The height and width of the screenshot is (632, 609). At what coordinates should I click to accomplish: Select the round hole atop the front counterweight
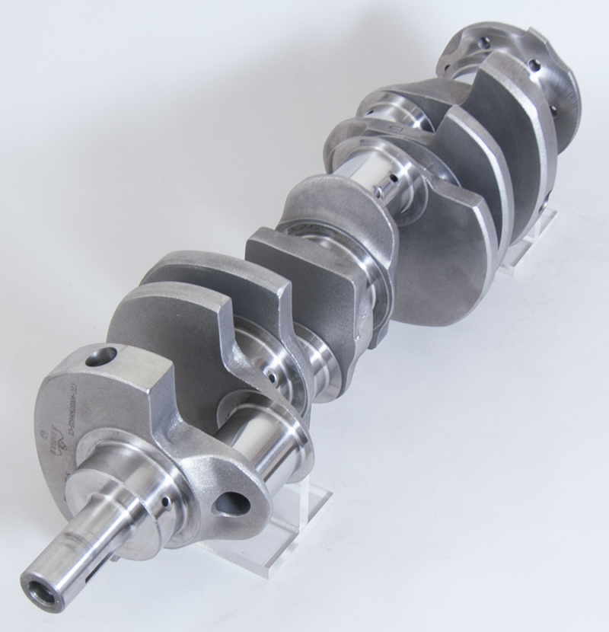100,356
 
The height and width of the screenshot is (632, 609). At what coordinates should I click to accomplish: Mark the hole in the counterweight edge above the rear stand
547,199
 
